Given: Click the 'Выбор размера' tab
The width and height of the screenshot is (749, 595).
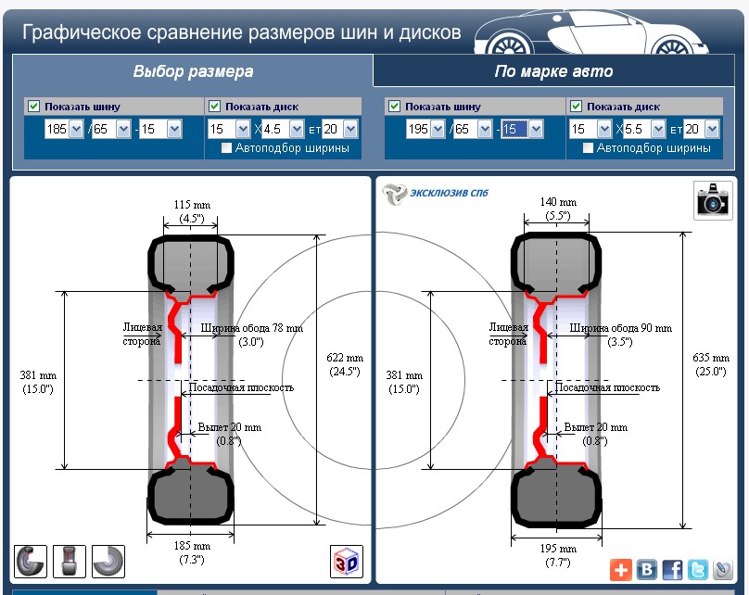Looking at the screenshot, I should coord(193,71).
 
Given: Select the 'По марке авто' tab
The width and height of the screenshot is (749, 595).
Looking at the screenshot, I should coord(553,71).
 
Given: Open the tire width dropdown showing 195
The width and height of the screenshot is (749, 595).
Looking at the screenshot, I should coord(425,130).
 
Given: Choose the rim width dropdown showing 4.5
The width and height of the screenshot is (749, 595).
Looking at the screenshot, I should coord(282,130).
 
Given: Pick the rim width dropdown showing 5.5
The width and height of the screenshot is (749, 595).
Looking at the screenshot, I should coord(644,130).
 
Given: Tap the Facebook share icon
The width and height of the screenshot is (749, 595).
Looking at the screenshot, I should coord(671,569).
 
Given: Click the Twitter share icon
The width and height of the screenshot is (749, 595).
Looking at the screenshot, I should coord(697,569).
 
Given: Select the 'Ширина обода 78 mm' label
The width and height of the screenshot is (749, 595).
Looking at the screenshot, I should coord(251,328).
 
